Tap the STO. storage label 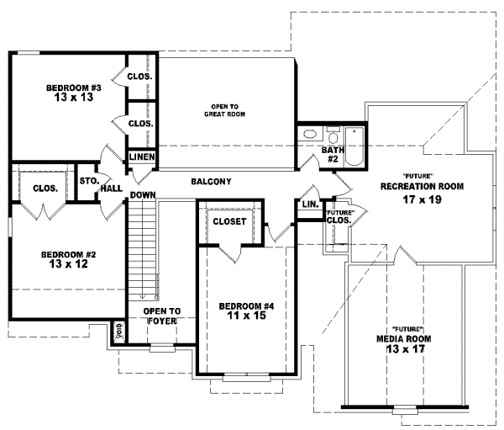pyautogui.click(x=88, y=181)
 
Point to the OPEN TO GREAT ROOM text pyautogui.click(x=228, y=109)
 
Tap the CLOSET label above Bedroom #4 pyautogui.click(x=229, y=222)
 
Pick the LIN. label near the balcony pyautogui.click(x=308, y=204)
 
